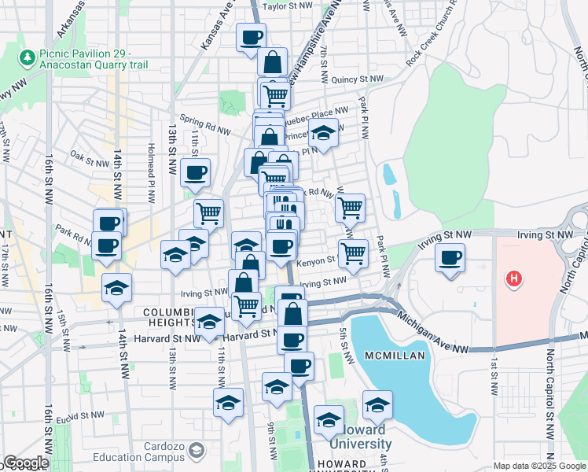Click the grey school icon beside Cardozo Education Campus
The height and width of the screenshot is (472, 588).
click(196, 451)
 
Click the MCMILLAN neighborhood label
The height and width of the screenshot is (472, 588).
click(395, 356)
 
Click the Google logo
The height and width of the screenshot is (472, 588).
click(26, 463)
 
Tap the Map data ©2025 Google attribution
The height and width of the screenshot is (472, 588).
click(539, 466)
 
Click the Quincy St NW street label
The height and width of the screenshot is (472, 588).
click(357, 79)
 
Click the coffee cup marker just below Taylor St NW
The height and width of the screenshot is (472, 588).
click(252, 37)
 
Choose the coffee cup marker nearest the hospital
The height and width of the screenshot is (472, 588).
click(450, 257)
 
